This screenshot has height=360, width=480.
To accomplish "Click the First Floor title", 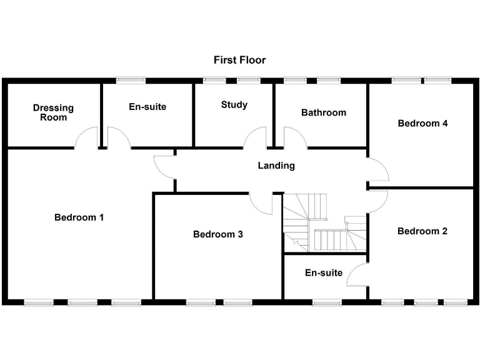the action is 239,60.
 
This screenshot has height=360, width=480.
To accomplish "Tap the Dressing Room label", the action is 53,112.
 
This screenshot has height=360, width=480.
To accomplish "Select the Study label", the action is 234,105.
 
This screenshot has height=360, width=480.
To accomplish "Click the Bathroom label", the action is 323,112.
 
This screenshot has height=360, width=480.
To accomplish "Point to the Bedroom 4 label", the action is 422,123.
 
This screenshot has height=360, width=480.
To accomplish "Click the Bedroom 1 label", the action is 79,217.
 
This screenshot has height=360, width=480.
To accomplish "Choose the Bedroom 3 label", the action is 217,234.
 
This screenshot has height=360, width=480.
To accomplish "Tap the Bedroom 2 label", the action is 422,231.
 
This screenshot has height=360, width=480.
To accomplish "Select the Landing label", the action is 276,166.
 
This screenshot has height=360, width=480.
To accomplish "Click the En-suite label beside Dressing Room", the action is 147,107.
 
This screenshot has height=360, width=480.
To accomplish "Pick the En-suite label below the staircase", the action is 324,272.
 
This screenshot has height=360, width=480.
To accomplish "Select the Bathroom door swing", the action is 294,137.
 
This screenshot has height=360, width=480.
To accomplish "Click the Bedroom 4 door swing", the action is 377,169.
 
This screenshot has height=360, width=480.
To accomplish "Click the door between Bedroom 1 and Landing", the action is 165,166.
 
